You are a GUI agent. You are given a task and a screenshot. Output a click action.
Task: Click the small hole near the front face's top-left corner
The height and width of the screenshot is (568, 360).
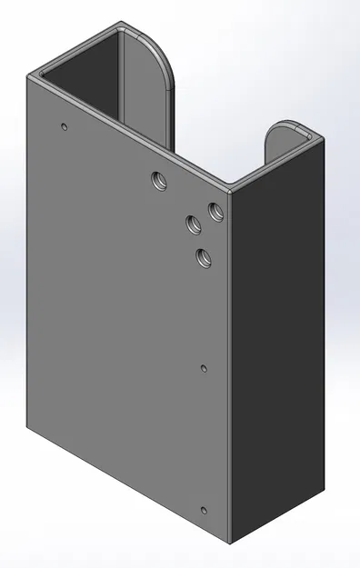point(63,126)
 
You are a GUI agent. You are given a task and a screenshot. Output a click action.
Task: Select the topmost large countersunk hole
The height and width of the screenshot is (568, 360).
point(160,180)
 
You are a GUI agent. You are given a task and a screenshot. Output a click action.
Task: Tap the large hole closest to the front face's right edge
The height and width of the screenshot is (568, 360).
point(215,212)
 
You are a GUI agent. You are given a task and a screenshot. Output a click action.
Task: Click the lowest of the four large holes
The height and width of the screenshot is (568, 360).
point(202,257)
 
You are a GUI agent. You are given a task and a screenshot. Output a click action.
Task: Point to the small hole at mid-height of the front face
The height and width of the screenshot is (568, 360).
point(203,368)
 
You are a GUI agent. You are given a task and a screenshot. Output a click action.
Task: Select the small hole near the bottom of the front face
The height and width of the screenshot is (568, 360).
point(203,511)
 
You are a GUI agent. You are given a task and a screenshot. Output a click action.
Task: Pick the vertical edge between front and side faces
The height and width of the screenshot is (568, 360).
point(232,364)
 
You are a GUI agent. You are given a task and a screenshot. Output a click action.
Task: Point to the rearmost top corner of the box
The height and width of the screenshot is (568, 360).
point(122,24)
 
